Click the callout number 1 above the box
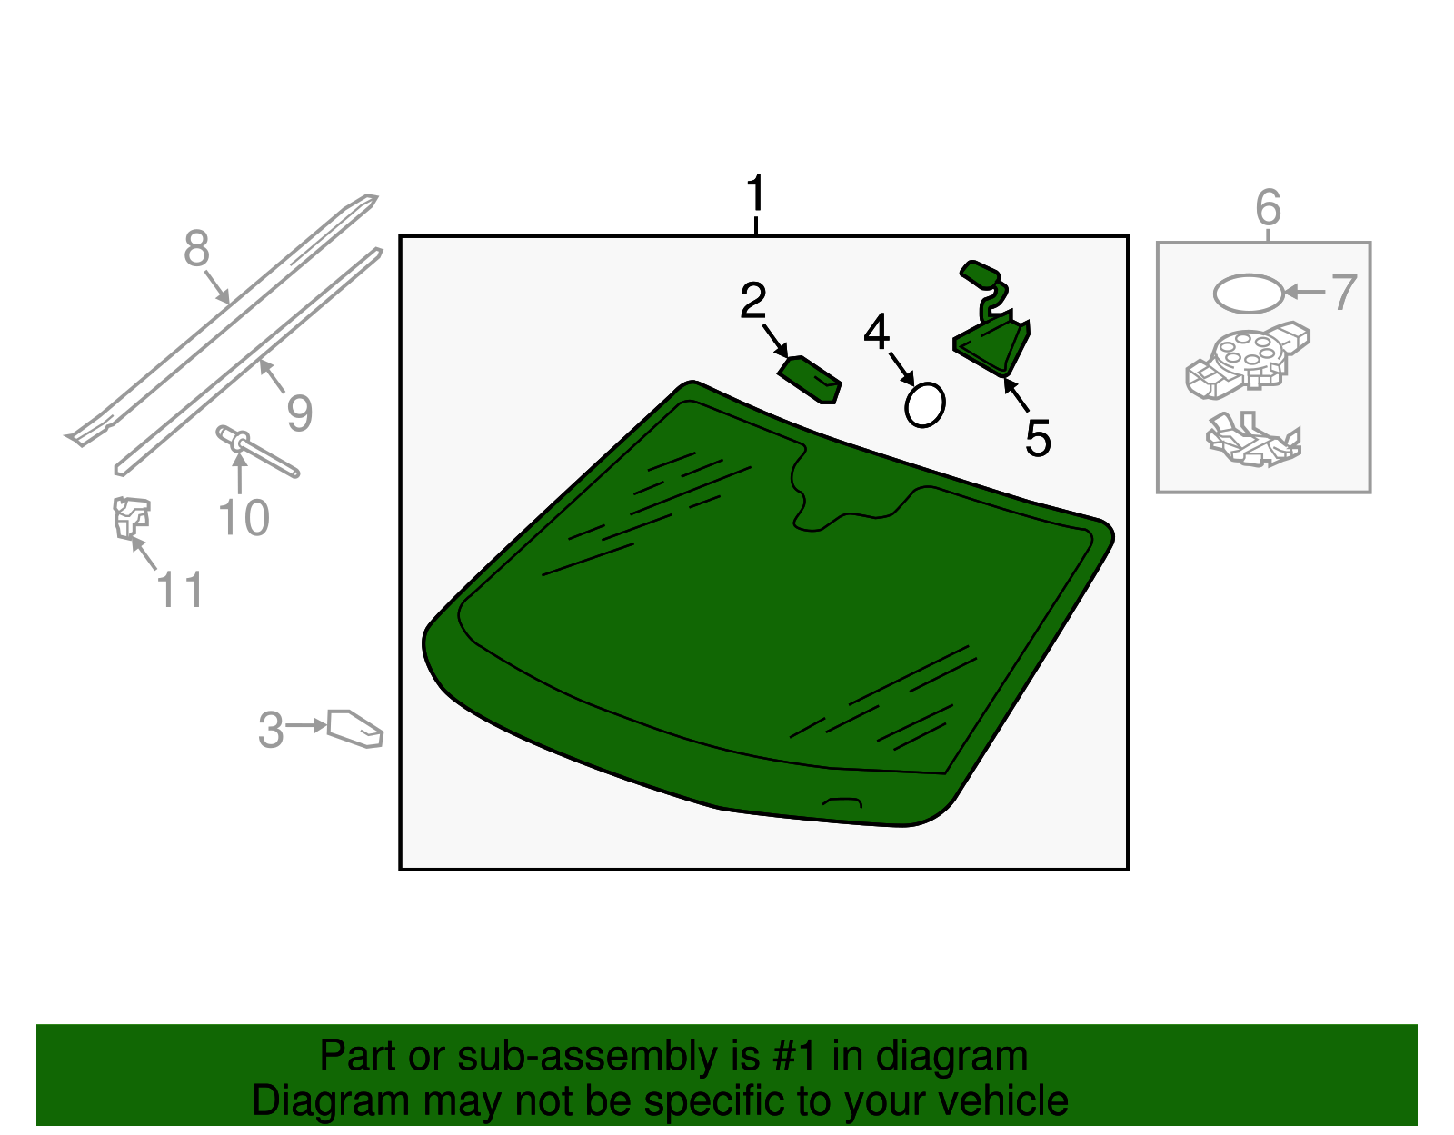click(755, 193)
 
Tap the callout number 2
click(752, 301)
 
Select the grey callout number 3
click(271, 730)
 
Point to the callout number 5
click(1038, 438)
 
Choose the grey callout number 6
click(1268, 207)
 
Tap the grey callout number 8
click(196, 248)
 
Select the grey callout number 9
click(299, 413)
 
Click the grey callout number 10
click(244, 518)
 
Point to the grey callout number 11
click(179, 590)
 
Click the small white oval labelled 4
click(925, 404)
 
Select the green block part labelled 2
click(809, 380)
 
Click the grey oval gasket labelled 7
click(1249, 293)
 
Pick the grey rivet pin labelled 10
click(257, 453)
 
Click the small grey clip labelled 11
click(131, 518)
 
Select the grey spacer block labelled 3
click(355, 729)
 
